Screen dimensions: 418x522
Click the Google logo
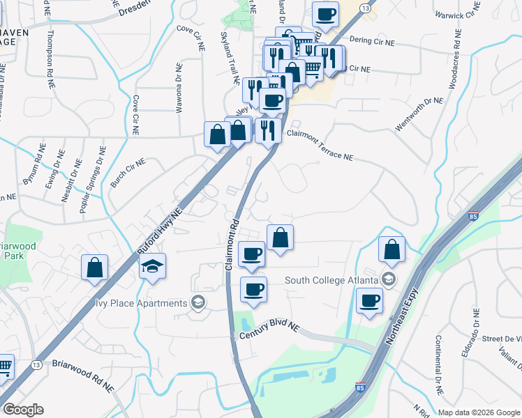click(x=23, y=410)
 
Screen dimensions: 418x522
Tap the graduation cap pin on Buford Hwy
click(x=152, y=268)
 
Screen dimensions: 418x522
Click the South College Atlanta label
click(x=332, y=281)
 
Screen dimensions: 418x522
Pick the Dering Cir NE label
click(x=372, y=42)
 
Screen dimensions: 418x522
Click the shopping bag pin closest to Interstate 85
click(x=392, y=250)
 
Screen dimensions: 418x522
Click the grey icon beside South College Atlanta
click(x=389, y=281)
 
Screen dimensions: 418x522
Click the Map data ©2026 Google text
click(x=479, y=412)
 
